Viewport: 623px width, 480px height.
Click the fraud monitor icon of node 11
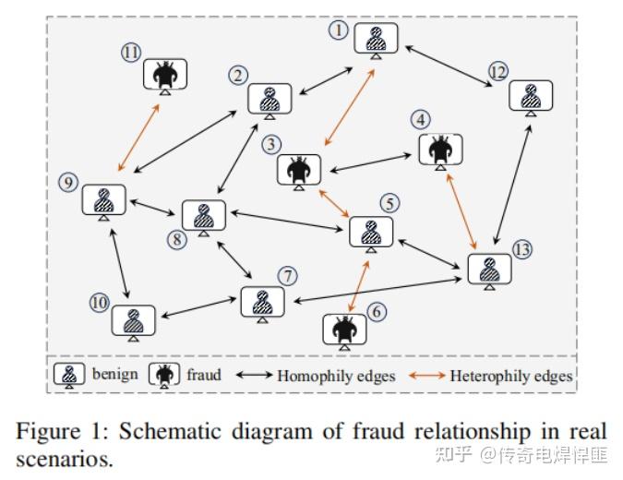coord(165,74)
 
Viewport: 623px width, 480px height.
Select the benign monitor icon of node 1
coord(375,40)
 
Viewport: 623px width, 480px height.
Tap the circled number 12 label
coord(497,71)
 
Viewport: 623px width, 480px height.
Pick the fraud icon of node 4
coord(440,149)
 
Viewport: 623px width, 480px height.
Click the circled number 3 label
coord(270,144)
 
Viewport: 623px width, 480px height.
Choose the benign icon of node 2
coord(270,99)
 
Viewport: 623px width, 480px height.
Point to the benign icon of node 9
coord(103,200)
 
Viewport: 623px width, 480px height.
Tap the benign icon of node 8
coord(204,216)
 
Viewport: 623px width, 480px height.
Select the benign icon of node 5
coord(371,233)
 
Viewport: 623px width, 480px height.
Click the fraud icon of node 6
coord(344,329)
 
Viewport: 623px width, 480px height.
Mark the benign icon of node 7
coord(263,302)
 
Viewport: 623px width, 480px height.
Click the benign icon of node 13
coord(488,269)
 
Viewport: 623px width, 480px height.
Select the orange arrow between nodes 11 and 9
coord(139,138)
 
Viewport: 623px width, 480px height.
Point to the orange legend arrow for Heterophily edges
coord(428,376)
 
